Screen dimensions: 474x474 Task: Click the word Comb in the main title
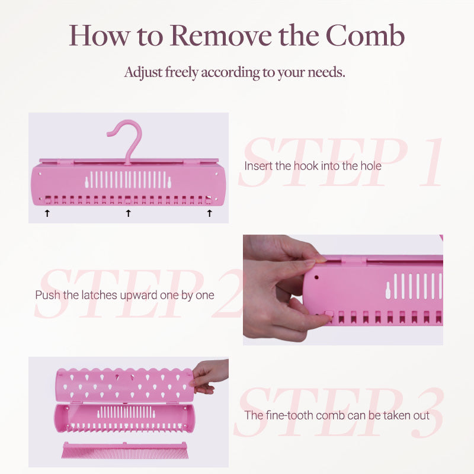click(365, 36)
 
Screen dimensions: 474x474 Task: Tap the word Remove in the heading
click(220, 36)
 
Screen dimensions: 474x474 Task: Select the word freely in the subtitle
click(182, 72)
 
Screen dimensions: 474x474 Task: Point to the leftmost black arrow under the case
click(47, 213)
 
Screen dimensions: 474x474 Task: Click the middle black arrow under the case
click(129, 213)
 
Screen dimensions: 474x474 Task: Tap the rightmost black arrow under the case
click(210, 213)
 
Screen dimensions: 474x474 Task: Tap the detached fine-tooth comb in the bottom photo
click(125, 450)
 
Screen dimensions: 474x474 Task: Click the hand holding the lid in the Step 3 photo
click(209, 376)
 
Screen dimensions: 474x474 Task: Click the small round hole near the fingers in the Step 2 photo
click(316, 277)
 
